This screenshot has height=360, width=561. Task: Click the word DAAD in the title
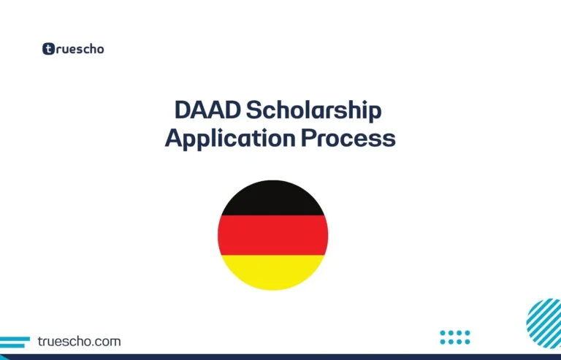coord(207,112)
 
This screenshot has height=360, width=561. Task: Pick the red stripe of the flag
coord(273,235)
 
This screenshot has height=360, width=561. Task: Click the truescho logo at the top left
coord(73,50)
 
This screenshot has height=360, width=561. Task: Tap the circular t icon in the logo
coord(48,50)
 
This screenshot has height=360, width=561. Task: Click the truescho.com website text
coord(78,341)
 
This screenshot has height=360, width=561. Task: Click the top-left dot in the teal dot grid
coord(443,333)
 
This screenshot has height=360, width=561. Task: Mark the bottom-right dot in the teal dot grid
coord(467,342)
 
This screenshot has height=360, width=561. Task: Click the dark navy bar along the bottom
coord(280,357)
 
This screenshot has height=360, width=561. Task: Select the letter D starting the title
coord(183,112)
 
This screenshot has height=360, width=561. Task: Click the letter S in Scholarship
coord(253,112)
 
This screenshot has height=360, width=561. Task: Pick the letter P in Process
coord(308,138)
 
